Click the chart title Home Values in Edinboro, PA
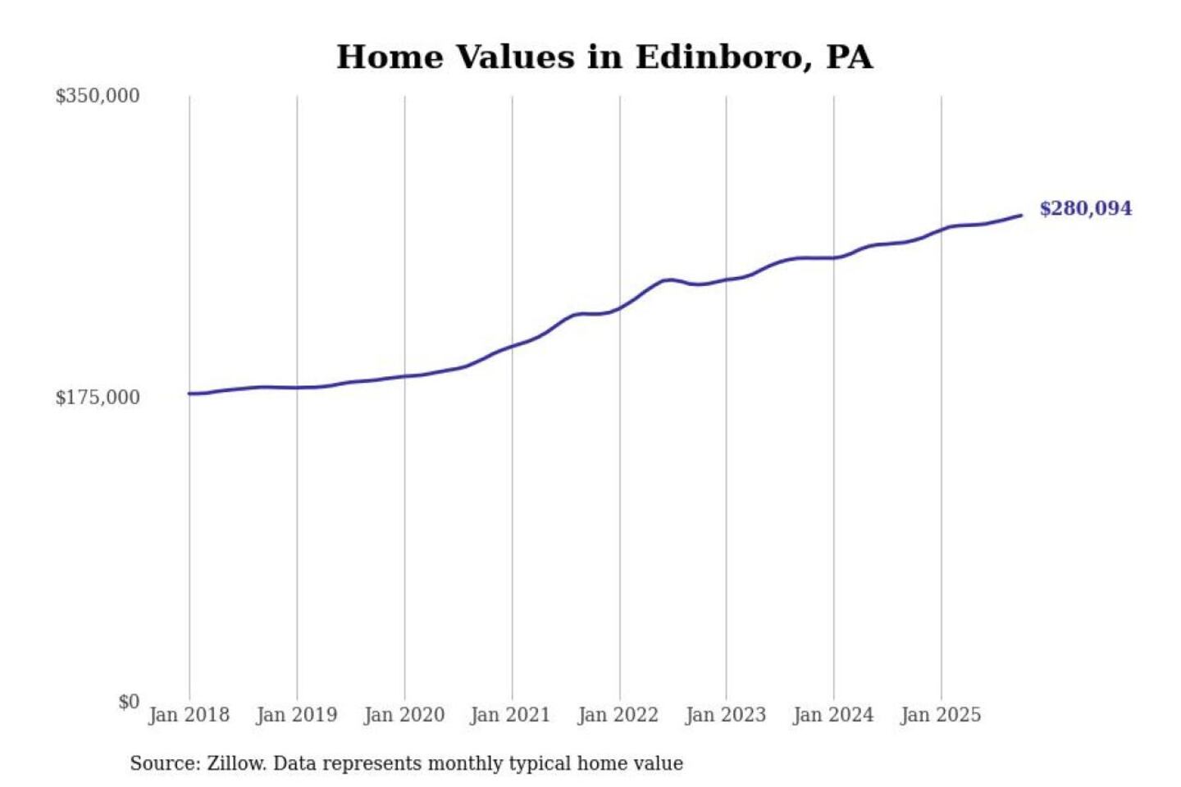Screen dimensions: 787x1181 (x=604, y=57)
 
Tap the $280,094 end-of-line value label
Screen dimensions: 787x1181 (x=1085, y=208)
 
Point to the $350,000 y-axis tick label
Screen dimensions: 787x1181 (x=97, y=96)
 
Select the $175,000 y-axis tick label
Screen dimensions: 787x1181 (x=97, y=398)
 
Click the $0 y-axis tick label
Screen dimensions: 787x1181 (x=129, y=702)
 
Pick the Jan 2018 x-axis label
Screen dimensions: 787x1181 (x=189, y=715)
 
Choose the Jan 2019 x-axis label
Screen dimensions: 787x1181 (x=296, y=715)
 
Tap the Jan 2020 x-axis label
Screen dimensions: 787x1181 (x=404, y=715)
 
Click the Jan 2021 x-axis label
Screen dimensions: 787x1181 (x=510, y=715)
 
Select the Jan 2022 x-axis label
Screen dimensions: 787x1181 (x=618, y=715)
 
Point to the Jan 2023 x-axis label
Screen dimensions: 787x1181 (x=725, y=715)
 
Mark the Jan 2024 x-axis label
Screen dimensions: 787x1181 (x=832, y=715)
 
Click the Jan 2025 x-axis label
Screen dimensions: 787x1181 (x=940, y=715)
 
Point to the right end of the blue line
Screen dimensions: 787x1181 (x=1021, y=216)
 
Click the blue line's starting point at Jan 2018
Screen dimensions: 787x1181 (x=189, y=393)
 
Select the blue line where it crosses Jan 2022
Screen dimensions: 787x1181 (x=620, y=308)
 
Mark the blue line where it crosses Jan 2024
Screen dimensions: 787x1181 (x=834, y=258)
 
